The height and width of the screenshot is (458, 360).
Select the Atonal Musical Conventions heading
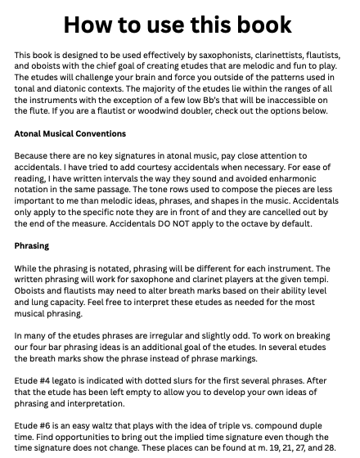(x=70, y=132)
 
